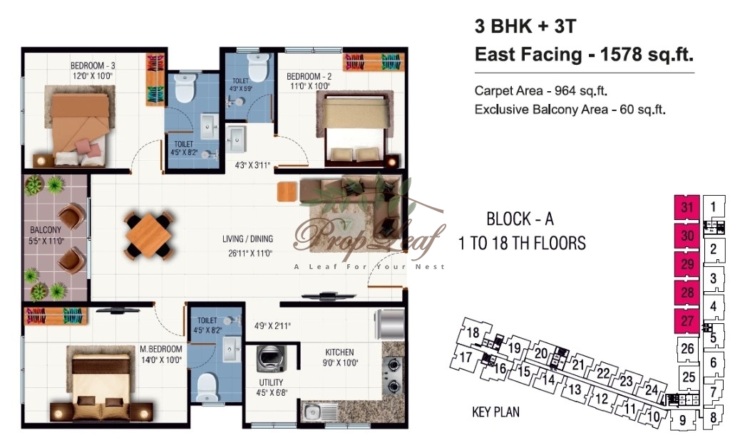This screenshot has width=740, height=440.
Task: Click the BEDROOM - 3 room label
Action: (93, 66)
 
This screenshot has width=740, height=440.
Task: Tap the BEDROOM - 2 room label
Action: (309, 76)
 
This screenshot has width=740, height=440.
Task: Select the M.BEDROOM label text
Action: (161, 349)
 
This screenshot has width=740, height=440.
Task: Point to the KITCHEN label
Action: (339, 352)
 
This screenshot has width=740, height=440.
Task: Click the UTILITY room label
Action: (271, 382)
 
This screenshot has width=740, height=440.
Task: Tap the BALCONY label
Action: (46, 230)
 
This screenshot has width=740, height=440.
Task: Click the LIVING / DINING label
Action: (248, 239)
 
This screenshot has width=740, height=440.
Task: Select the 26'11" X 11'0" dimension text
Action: (250, 253)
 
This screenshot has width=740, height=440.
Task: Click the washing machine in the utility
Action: (271, 359)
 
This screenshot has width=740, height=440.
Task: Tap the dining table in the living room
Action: (149, 236)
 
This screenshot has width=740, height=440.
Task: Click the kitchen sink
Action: (312, 413)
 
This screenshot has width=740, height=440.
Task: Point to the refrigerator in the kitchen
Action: (389, 325)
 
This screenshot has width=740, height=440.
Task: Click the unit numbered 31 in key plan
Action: (687, 206)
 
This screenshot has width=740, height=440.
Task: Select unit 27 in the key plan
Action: (687, 321)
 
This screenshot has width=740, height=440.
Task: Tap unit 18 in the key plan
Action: (473, 332)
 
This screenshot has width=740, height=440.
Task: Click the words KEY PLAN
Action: (495, 412)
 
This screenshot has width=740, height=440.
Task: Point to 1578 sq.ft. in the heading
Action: (647, 55)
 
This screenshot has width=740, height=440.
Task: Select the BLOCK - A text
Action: (520, 219)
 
